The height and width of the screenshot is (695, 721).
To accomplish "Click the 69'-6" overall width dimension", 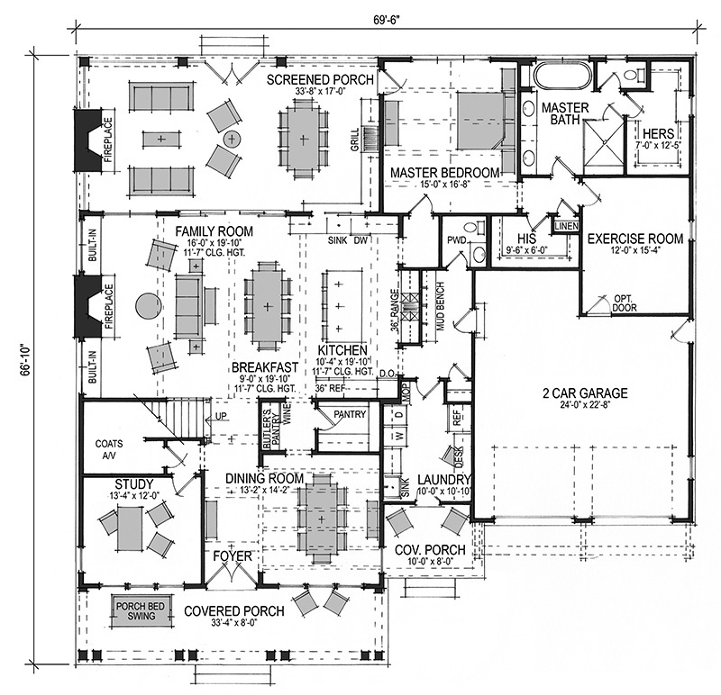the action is [387, 20].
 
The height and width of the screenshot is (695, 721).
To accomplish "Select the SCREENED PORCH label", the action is [320, 79].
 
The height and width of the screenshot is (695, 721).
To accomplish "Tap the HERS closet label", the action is [658, 134].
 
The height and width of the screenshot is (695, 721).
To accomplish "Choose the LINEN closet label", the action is [567, 226].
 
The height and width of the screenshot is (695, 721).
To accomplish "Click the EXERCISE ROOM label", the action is [635, 239].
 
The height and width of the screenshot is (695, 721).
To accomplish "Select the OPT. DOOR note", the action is [624, 303].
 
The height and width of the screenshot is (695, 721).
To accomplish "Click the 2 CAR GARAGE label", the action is [585, 393].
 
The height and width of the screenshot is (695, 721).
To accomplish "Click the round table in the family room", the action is [149, 305].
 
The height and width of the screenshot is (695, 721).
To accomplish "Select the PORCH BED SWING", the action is [141, 611].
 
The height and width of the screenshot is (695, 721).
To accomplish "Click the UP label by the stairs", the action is [221, 416].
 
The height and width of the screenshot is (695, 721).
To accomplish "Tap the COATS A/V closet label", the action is [109, 449].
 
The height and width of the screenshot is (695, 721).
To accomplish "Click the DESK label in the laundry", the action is [461, 456].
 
